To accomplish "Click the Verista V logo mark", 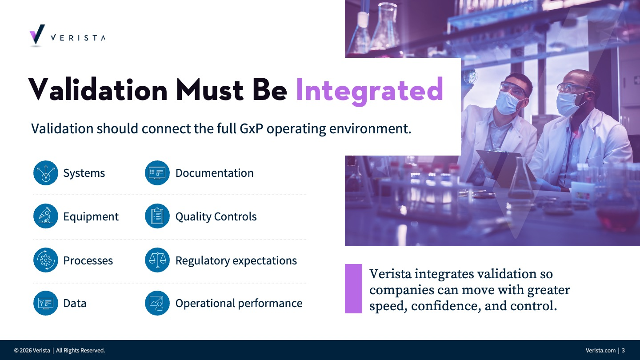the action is pos(37,34).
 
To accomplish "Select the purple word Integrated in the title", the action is pos(369,91).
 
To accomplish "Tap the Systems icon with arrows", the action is pos(46,173).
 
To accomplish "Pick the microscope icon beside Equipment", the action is pos(46,216).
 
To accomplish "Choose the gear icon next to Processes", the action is pos(46,260).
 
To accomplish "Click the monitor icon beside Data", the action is pos(46,303).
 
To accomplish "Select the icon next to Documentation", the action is pos(157,173).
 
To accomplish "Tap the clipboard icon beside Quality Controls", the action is pos(157,216).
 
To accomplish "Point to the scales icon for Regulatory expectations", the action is pos(157,260).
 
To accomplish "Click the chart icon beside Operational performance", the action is pos(157,303).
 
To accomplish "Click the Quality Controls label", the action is pos(216,217).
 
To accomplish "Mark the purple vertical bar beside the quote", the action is pos(353,288).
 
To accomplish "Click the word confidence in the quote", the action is pos(444,306).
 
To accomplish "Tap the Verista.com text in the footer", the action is pos(600,350).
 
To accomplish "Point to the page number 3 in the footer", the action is pos(623,350).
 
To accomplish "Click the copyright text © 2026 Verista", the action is pos(32,350).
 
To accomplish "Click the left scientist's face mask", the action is pos(508,102).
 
